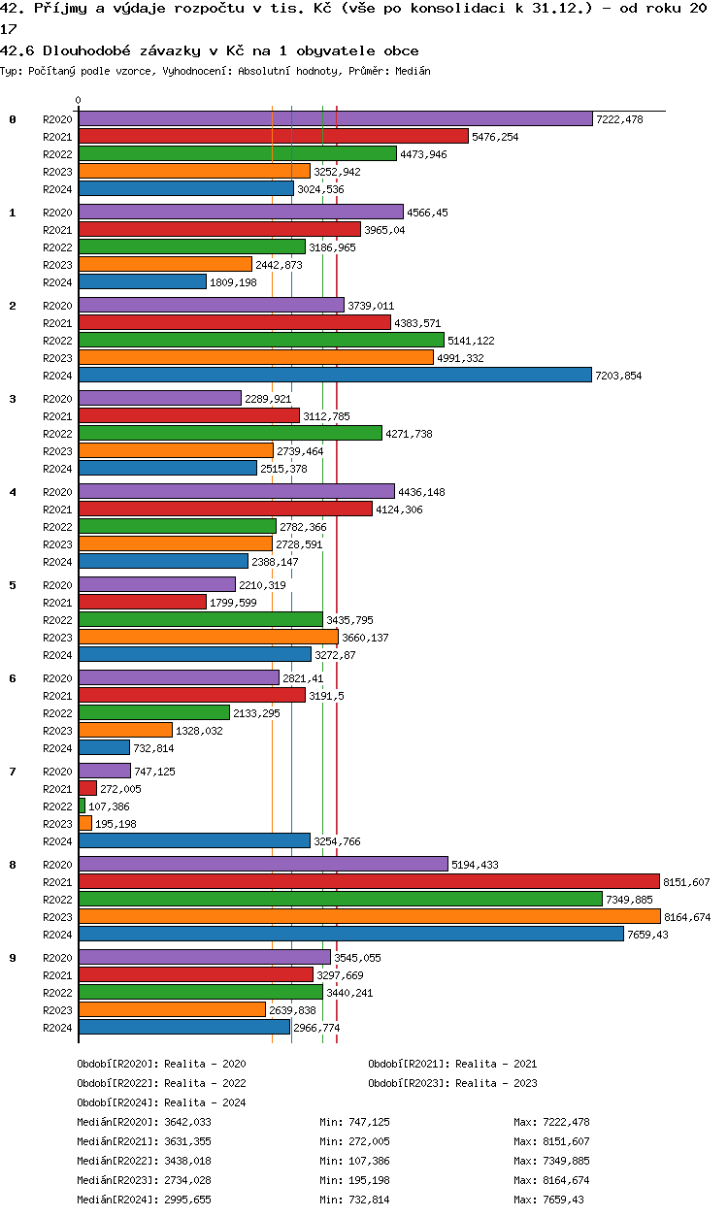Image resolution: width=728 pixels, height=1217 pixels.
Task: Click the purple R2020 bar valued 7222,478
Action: pyautogui.click(x=335, y=118)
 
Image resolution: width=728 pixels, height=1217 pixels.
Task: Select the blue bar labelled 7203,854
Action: pyautogui.click(x=335, y=375)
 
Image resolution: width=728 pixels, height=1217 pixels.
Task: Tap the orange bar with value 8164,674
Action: pyautogui.click(x=369, y=916)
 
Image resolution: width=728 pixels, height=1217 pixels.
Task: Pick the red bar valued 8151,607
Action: pyautogui.click(x=369, y=881)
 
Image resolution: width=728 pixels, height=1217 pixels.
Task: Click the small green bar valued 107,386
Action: pyautogui.click(x=82, y=806)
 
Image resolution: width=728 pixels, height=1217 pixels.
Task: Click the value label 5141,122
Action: pyautogui.click(x=471, y=341)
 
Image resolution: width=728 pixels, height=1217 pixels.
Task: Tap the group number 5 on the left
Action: pyautogui.click(x=13, y=585)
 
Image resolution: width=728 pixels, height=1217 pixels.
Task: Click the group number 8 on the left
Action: pyautogui.click(x=13, y=865)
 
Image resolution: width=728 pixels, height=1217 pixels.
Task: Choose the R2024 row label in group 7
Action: pyautogui.click(x=58, y=841)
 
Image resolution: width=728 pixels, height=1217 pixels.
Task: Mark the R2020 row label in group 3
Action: pyautogui.click(x=58, y=399)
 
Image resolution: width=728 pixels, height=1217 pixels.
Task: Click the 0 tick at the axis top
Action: pyautogui.click(x=79, y=101)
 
